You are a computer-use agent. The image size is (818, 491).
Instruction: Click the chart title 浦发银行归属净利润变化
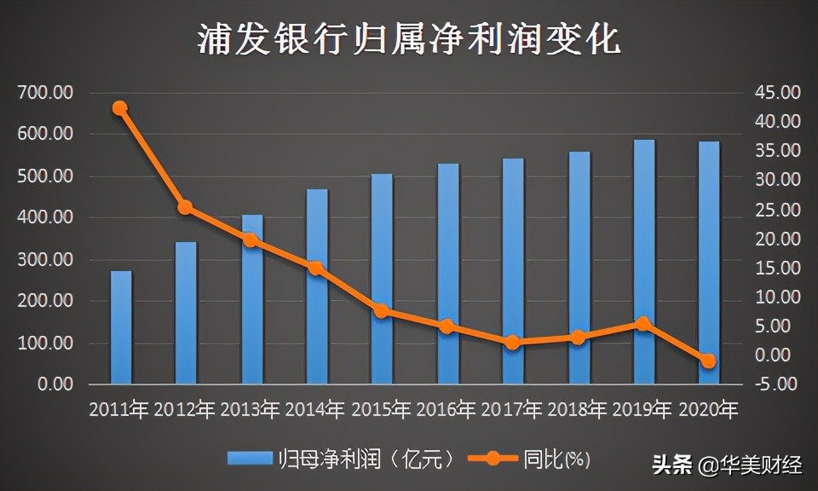[409, 38]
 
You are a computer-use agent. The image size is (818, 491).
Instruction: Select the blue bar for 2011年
[121, 327]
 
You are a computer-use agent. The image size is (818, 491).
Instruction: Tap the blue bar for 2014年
[317, 286]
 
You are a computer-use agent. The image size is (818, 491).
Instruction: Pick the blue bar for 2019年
[644, 262]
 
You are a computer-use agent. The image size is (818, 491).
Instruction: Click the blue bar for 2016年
[448, 274]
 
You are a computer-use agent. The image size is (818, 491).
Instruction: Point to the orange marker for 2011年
[120, 108]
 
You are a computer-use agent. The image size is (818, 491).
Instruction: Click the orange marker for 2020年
[708, 361]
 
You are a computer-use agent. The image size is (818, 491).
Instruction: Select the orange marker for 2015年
[382, 311]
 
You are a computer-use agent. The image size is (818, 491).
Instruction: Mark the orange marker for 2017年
[512, 343]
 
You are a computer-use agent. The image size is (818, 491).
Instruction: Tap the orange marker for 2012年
[185, 207]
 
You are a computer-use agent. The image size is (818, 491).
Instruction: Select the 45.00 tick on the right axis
[777, 92]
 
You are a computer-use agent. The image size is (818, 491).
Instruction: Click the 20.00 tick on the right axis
[777, 239]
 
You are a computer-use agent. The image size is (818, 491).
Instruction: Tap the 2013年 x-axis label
[251, 409]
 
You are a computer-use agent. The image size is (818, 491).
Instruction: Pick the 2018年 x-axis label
[578, 409]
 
